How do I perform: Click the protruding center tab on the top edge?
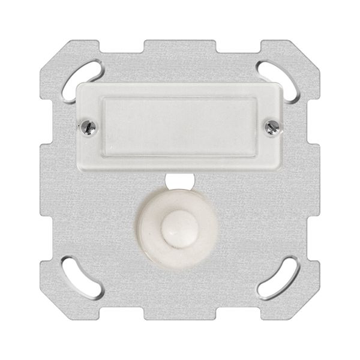click(x=179, y=46)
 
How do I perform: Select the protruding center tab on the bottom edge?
click(x=179, y=314)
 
